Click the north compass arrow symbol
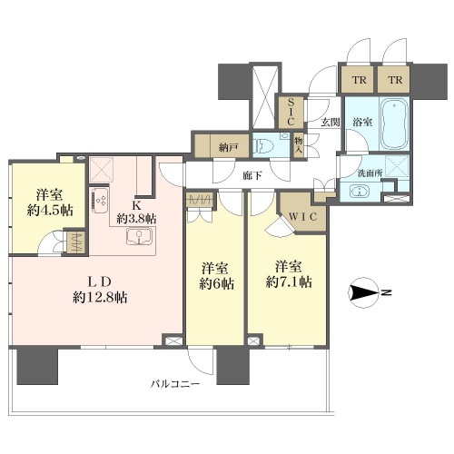364,292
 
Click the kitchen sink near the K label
139,235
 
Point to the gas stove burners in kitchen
99,200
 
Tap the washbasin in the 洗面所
360,192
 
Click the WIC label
302,216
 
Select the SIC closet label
291,112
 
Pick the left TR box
360,80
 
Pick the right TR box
395,80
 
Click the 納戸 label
228,147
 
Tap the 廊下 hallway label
252,175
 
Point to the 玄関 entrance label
330,123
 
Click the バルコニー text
175,384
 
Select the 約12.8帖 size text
100,297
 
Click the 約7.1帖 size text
289,281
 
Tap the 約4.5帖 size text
50,210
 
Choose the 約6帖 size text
216,283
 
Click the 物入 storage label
299,146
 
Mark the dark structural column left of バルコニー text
37,366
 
